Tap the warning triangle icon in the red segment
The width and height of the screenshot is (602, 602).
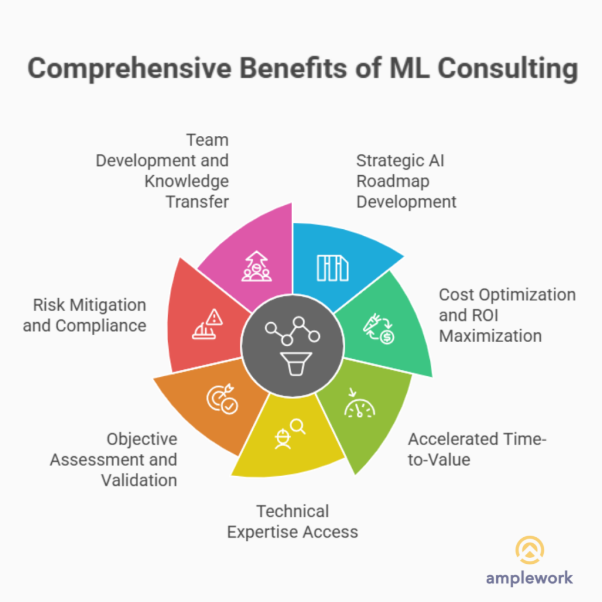click(215, 317)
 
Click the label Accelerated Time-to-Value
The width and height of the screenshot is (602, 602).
click(477, 449)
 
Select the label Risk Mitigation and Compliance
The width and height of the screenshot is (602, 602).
click(85, 315)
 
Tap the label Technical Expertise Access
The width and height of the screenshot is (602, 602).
click(292, 521)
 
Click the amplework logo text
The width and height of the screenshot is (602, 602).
click(529, 577)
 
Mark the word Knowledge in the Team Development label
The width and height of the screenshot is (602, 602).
click(186, 180)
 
